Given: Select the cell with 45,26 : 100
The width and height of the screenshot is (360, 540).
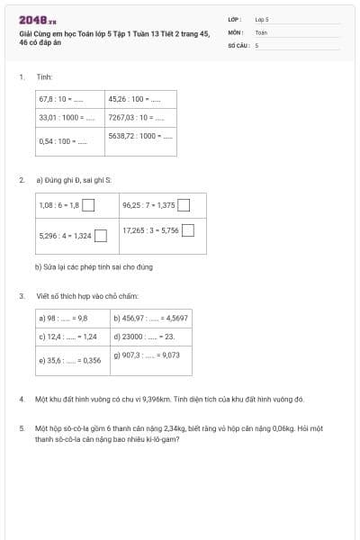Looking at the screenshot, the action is (141, 99).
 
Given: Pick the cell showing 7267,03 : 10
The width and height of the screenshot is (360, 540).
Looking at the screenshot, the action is (141, 117).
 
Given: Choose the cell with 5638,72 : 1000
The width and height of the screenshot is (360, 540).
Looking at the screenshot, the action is (141, 137).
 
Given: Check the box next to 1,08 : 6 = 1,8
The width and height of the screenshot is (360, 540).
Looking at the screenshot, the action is (89, 205).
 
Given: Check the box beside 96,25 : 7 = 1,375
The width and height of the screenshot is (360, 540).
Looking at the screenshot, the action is (184, 205).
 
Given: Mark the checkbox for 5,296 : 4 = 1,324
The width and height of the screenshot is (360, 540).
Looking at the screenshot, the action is (102, 236).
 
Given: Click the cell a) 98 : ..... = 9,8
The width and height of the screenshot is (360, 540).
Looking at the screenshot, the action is (73, 318).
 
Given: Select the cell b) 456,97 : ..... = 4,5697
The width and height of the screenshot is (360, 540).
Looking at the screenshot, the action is (150, 318).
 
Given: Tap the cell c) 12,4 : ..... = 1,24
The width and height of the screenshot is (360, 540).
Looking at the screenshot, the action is (73, 336).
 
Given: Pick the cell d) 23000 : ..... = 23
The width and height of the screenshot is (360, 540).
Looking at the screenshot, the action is (150, 336).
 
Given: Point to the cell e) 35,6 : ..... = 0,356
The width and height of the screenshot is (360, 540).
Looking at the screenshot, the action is (73, 359).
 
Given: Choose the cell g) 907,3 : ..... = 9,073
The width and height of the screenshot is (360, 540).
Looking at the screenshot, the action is (150, 355).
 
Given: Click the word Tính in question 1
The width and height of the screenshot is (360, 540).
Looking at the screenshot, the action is (45, 77).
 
